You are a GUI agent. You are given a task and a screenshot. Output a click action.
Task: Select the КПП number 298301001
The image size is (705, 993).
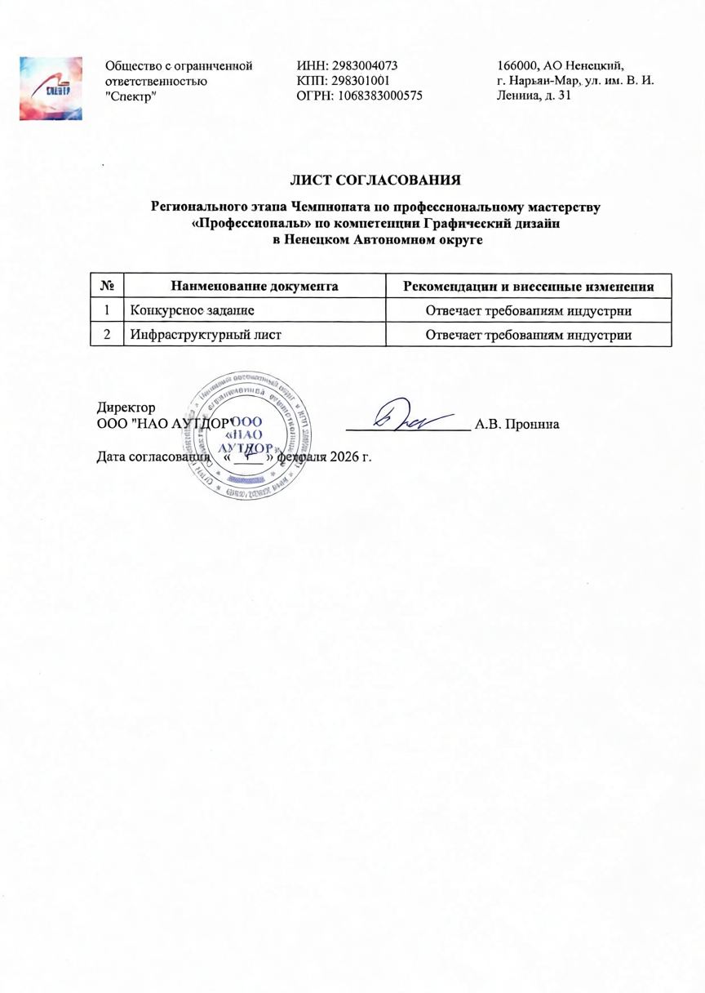(x=364, y=81)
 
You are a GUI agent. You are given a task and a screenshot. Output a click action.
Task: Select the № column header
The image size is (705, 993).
(x=106, y=287)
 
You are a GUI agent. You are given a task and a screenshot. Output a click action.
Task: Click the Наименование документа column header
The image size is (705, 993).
(x=254, y=287)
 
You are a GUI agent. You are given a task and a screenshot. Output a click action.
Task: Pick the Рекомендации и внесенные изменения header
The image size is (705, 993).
(x=530, y=287)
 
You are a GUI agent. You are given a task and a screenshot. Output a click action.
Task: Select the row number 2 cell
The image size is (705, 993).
(x=106, y=335)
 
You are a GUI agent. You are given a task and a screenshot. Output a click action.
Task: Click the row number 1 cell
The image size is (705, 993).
(x=106, y=310)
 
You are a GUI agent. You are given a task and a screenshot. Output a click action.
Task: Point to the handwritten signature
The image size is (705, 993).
(x=412, y=417)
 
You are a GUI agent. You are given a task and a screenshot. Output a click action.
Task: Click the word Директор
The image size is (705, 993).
(x=126, y=407)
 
